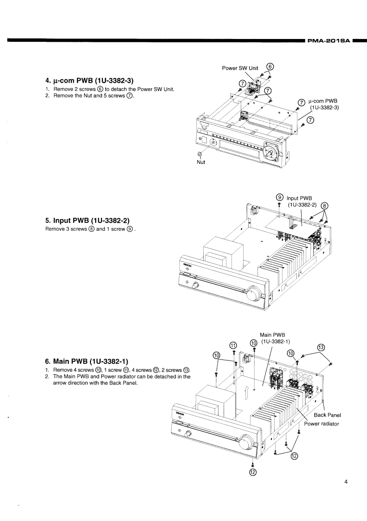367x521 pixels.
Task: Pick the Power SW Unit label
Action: (240, 68)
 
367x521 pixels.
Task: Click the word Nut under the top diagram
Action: (201, 163)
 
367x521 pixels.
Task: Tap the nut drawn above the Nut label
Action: (200, 153)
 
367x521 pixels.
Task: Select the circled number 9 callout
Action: (279, 197)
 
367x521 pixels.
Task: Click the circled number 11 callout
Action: (233, 345)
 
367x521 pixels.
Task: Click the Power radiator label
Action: (322, 423)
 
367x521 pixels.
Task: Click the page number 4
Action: (346, 482)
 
